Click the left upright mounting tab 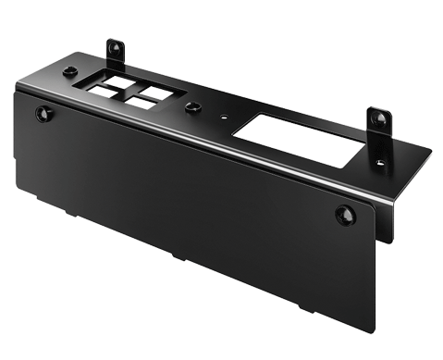[x=116, y=50]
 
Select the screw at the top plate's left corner [x=69, y=72]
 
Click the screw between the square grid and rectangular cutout [x=192, y=108]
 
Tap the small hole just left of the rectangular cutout [x=225, y=118]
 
